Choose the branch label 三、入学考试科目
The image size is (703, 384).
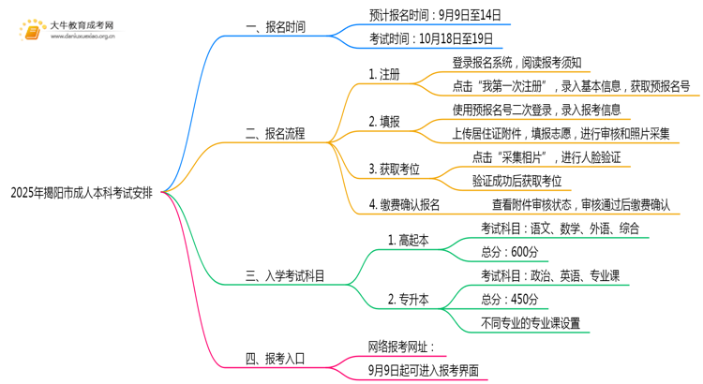point(286,276)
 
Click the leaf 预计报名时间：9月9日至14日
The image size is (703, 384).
point(435,15)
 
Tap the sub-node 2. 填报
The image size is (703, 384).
point(384,122)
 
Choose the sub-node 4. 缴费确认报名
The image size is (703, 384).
point(404,203)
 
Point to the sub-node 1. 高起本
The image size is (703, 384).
point(408,240)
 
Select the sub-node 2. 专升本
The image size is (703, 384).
point(408,300)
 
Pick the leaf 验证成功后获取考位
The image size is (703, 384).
point(517,180)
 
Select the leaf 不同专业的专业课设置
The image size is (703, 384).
point(530,323)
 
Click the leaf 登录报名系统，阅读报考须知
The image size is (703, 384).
point(517,64)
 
